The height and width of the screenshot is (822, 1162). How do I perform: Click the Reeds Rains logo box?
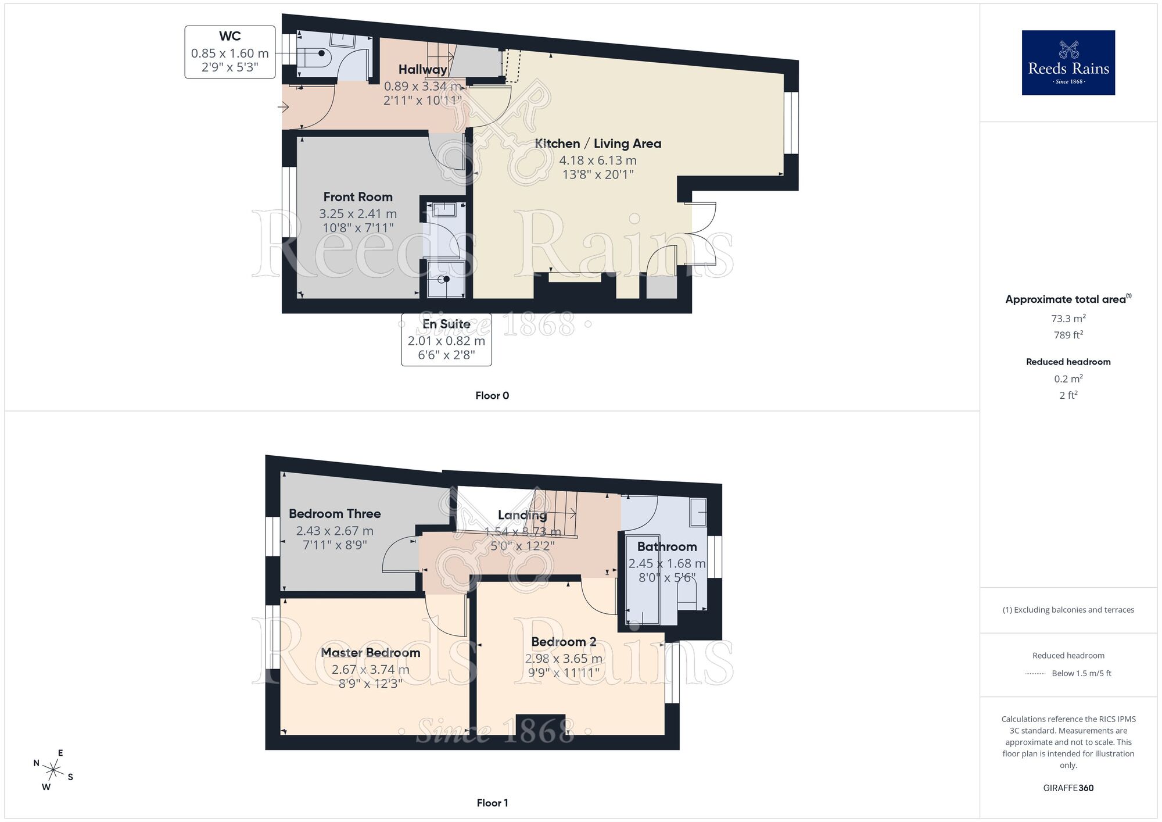[x=1068, y=63]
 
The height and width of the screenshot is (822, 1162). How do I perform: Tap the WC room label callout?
[x=230, y=52]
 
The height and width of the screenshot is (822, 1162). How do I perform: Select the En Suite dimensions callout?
[x=446, y=340]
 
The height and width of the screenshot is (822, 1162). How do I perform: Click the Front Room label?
[x=358, y=197]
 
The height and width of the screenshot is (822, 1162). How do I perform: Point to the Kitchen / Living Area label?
[x=598, y=144]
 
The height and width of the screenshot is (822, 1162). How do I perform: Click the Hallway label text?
[x=422, y=70]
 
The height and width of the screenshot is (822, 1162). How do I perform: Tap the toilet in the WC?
[x=317, y=53]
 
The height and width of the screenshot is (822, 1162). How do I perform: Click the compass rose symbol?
[x=53, y=771]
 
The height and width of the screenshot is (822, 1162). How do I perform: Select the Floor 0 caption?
[x=492, y=396]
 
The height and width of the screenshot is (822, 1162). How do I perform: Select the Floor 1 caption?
[x=492, y=803]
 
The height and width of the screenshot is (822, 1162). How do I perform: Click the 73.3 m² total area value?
[x=1068, y=319]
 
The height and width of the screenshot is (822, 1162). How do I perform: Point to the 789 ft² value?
[x=1068, y=335]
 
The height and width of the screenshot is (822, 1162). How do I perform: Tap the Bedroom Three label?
[x=335, y=514]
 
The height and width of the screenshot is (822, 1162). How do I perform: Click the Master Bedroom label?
[x=371, y=653]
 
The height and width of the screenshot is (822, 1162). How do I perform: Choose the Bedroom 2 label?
[x=564, y=642]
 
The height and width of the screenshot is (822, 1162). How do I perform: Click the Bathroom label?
[x=667, y=546]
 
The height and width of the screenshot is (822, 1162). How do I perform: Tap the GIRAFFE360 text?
[x=1068, y=788]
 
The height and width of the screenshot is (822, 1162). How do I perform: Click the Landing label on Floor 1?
[x=522, y=515]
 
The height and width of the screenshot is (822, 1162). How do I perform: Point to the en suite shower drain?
[x=446, y=279]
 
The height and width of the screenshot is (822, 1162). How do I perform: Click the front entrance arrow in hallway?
[x=284, y=107]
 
